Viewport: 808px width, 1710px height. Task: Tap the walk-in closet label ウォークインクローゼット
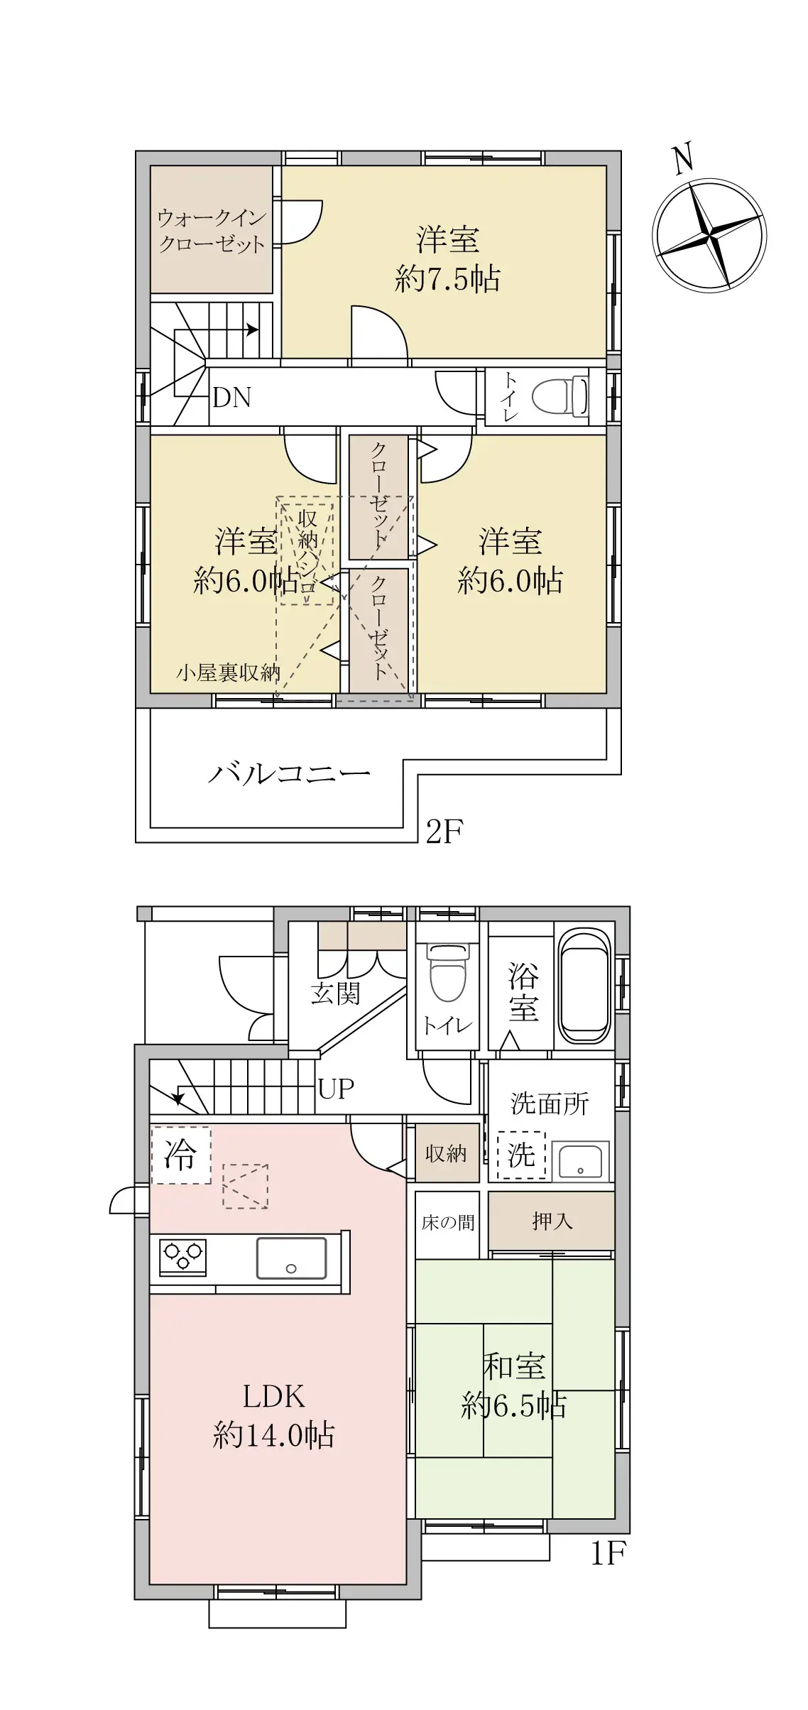(x=212, y=231)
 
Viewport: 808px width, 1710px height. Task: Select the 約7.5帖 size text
(x=447, y=279)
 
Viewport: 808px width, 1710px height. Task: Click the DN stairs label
(x=232, y=398)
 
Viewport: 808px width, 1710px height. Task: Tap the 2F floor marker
(x=444, y=831)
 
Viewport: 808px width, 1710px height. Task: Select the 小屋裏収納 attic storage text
(x=228, y=672)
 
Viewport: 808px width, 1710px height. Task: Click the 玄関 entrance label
(x=335, y=993)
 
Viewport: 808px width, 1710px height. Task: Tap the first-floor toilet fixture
(x=447, y=973)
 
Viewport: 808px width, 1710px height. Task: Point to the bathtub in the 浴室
(x=585, y=987)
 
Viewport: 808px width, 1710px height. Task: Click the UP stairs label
(x=336, y=1088)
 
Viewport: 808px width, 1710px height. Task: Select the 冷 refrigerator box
(x=180, y=1155)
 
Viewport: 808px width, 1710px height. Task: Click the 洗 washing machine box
(x=521, y=1155)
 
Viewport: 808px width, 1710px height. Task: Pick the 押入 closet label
(x=552, y=1221)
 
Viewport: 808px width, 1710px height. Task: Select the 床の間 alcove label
(x=447, y=1222)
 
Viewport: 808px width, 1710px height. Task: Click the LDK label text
(x=274, y=1397)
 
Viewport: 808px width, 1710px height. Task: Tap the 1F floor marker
(x=608, y=1554)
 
